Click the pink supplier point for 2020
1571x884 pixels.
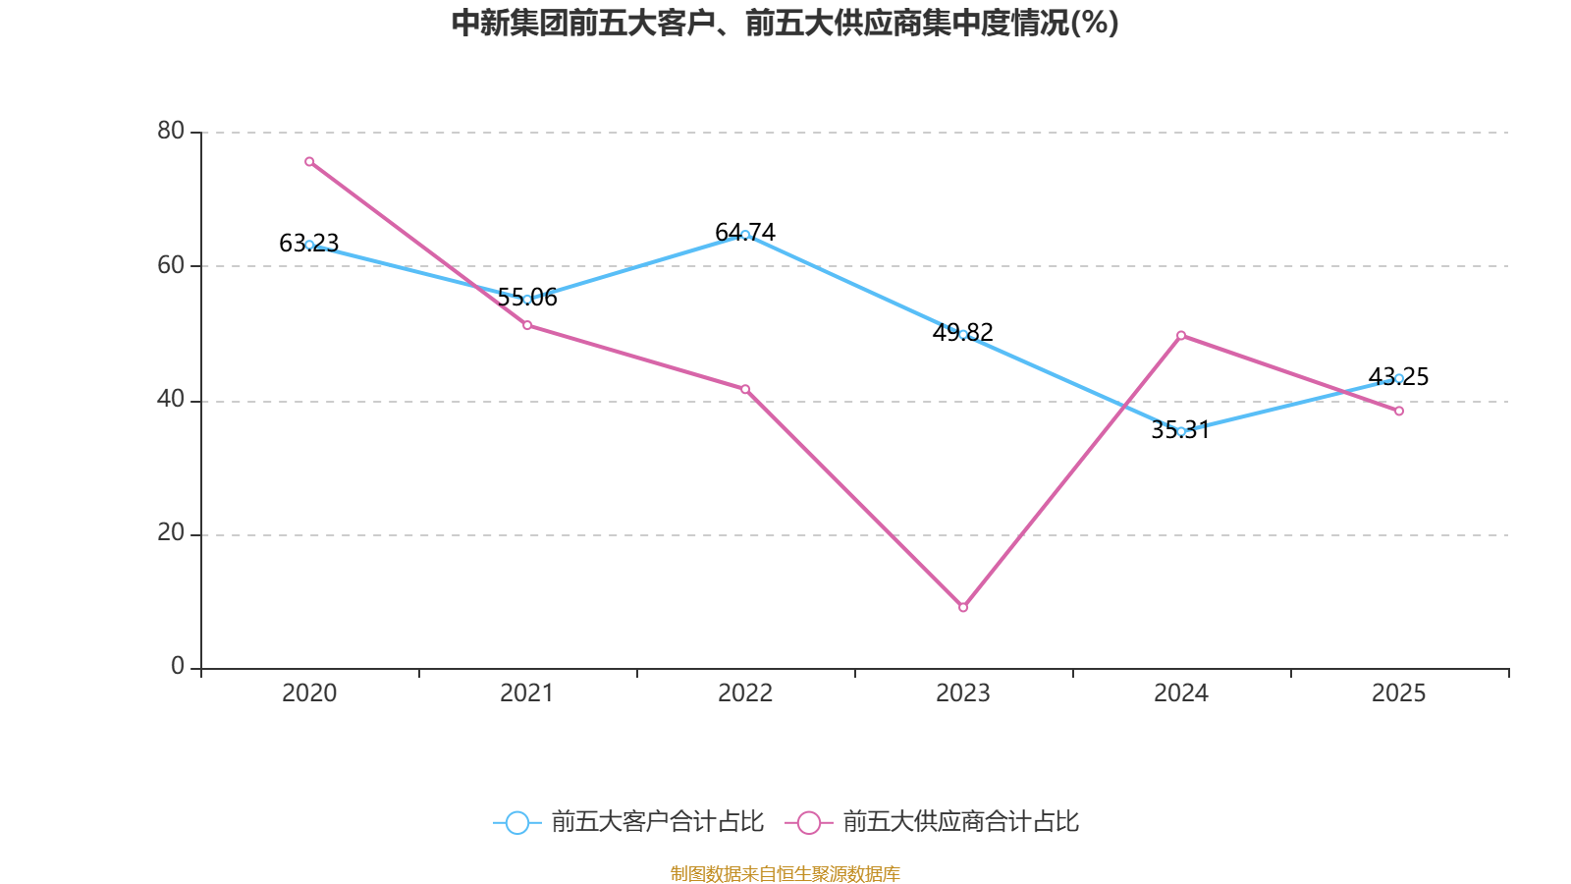(x=309, y=161)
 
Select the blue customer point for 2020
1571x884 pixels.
(x=309, y=245)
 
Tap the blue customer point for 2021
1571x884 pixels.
(x=527, y=299)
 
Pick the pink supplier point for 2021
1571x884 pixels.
(x=527, y=325)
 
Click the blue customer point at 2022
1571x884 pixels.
(x=745, y=235)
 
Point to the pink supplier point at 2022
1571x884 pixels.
(x=745, y=389)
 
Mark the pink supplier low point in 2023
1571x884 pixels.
(x=963, y=608)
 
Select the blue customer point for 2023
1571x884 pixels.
(x=963, y=334)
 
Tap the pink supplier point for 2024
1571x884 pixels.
(x=1181, y=335)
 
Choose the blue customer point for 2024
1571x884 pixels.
(x=1181, y=431)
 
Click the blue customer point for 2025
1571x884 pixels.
(x=1399, y=378)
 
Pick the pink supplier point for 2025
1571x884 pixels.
(x=1399, y=412)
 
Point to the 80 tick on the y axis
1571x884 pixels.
(x=171, y=131)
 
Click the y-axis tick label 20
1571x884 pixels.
(x=171, y=532)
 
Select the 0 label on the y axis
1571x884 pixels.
(x=178, y=667)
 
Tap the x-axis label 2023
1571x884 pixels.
(x=963, y=693)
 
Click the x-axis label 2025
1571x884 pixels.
(x=1398, y=693)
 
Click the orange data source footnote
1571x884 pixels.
(x=785, y=873)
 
